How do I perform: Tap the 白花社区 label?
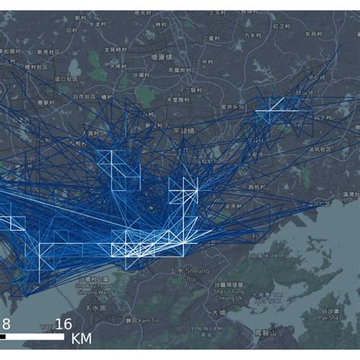[x=84, y=97]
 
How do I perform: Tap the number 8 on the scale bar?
[x=5, y=322]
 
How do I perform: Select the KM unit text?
[x=81, y=339]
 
